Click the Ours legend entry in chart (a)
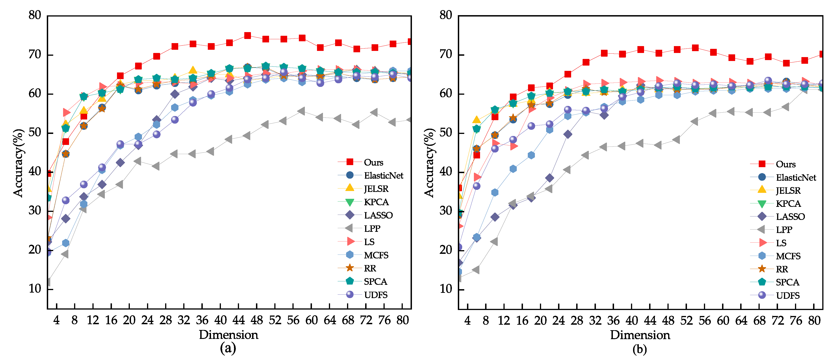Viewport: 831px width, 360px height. click(x=373, y=162)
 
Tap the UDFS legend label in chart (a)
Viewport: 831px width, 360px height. click(x=375, y=295)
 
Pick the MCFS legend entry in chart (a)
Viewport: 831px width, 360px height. click(x=376, y=255)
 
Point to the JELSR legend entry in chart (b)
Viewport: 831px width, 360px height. click(x=788, y=190)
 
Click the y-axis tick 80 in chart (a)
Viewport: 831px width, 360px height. click(x=35, y=15)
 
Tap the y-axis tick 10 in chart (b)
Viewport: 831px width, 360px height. click(x=446, y=289)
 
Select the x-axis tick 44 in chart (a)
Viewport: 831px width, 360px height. click(x=239, y=320)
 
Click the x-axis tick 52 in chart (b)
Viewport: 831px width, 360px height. click(x=686, y=320)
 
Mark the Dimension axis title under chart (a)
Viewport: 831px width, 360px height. click(x=228, y=335)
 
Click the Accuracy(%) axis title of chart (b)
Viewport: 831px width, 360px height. click(x=429, y=163)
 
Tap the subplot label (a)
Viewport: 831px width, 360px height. click(x=228, y=348)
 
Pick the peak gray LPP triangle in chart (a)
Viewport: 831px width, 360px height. click(x=302, y=111)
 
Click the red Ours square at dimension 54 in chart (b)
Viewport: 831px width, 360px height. click(x=695, y=48)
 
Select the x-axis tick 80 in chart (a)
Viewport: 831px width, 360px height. click(x=403, y=320)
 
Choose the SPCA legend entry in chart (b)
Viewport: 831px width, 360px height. click(x=787, y=282)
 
